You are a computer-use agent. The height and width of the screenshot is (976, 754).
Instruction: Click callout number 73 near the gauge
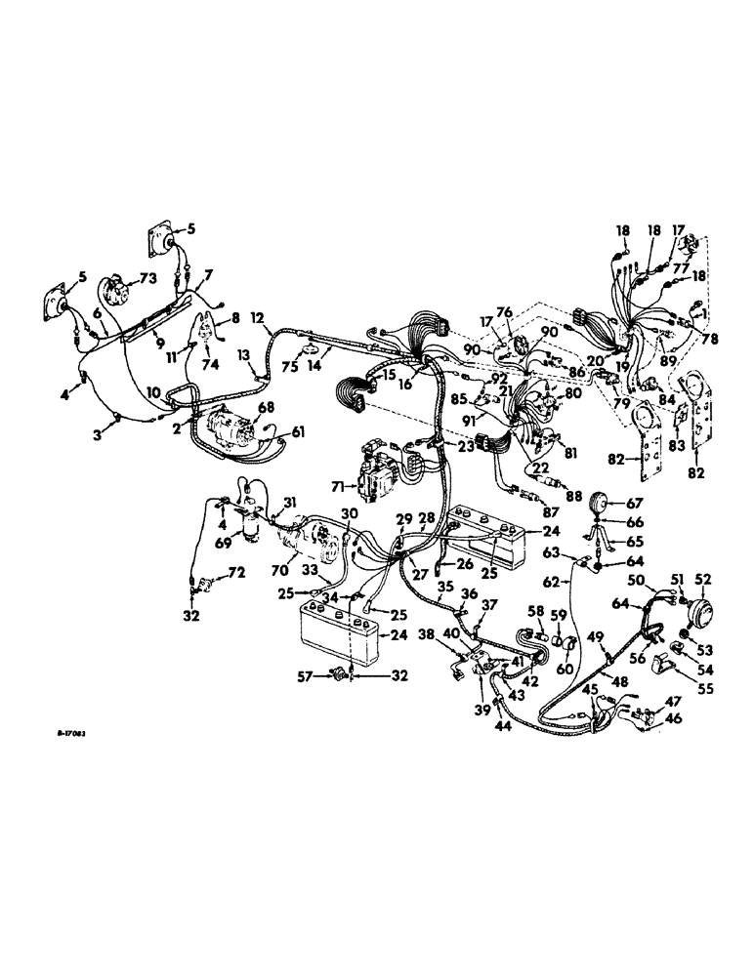pyautogui.click(x=148, y=278)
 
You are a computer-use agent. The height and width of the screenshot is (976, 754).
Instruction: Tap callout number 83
pyautogui.click(x=673, y=445)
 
